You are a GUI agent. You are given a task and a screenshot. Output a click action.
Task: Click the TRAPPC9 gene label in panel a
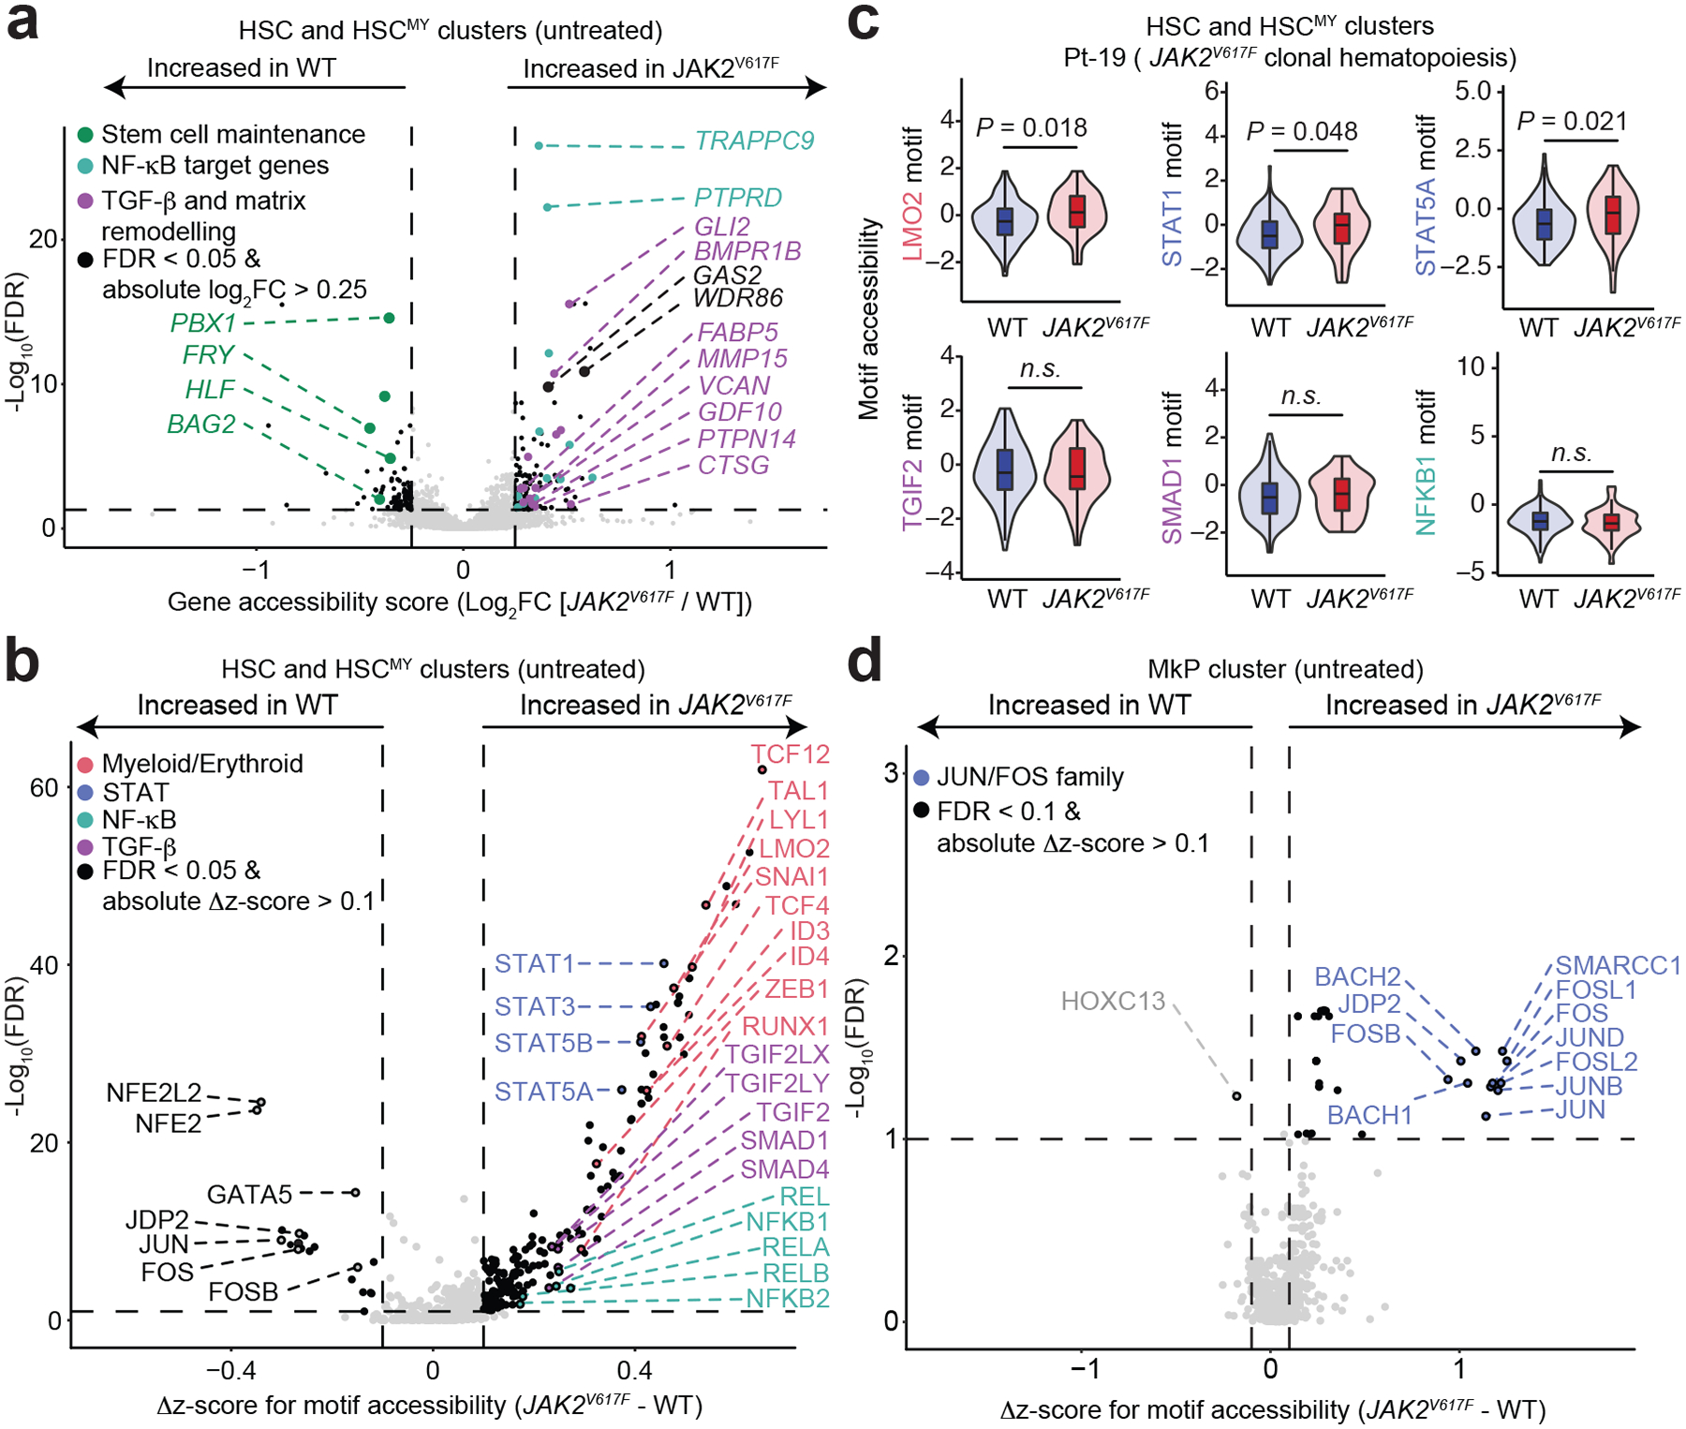click(x=754, y=141)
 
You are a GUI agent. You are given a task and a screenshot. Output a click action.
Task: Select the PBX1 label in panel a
click(x=203, y=323)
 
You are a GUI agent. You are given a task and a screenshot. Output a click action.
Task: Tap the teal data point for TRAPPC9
click(x=539, y=146)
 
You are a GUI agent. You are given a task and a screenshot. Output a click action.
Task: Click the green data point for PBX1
click(x=390, y=319)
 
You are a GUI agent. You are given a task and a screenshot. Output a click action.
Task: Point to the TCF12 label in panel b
click(x=790, y=754)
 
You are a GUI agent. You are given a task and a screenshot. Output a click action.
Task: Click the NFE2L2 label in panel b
click(x=154, y=1093)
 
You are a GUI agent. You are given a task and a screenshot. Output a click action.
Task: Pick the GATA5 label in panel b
click(x=249, y=1195)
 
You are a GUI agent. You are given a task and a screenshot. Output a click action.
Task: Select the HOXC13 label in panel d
click(x=1113, y=1002)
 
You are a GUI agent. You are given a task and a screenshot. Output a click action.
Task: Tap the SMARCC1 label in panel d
click(x=1618, y=966)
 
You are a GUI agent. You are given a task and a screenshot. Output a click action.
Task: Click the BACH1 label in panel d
click(x=1369, y=1115)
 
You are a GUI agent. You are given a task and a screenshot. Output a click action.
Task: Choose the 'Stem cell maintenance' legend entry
click(x=233, y=135)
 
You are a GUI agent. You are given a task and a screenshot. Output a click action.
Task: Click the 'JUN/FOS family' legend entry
click(x=1029, y=777)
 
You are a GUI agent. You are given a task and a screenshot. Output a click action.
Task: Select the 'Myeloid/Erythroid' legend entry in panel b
click(x=202, y=764)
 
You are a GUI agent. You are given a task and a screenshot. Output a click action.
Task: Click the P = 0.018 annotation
click(x=1031, y=128)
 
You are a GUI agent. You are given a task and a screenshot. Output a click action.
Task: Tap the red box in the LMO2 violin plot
click(x=1077, y=211)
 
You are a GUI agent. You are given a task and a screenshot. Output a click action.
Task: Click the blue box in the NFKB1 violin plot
click(x=1540, y=520)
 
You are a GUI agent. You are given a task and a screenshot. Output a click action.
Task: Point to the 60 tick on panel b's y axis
click(x=44, y=788)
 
